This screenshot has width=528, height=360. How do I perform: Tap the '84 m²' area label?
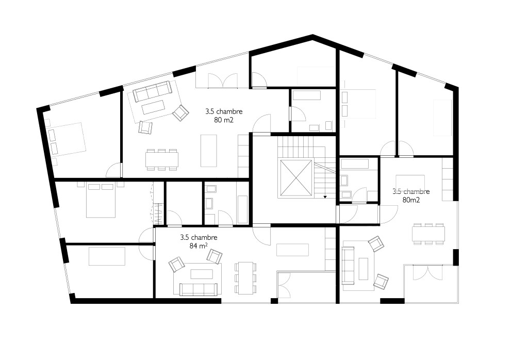(199, 246)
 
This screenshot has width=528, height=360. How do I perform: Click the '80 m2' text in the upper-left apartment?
(224, 120)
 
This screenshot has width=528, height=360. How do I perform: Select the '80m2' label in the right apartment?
(411, 200)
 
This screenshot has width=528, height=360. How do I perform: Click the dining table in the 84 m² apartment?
(245, 278)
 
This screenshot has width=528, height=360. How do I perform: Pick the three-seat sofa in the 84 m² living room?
(199, 289)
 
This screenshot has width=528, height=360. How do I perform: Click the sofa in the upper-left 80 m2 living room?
(152, 91)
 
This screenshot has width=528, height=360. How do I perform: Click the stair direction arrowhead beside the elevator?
(325, 197)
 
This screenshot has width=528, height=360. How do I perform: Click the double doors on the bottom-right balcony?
(427, 273)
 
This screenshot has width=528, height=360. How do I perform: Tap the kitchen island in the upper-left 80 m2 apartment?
(209, 151)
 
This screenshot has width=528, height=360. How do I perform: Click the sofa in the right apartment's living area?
(348, 266)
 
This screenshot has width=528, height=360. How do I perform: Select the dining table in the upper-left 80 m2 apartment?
(162, 159)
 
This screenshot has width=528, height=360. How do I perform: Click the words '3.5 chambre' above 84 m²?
(199, 237)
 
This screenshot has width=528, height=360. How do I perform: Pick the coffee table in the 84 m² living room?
(202, 274)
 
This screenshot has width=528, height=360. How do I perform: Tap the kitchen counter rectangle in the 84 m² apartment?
(293, 250)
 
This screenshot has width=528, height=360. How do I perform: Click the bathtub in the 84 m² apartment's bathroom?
(242, 209)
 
